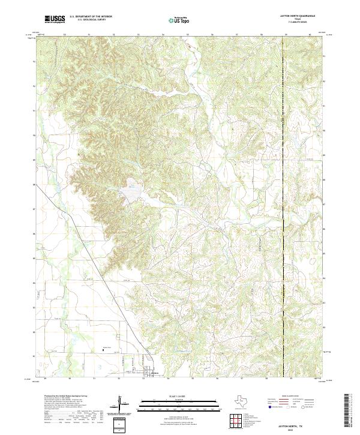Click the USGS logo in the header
tap(55, 20)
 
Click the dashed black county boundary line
tap(284, 180)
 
